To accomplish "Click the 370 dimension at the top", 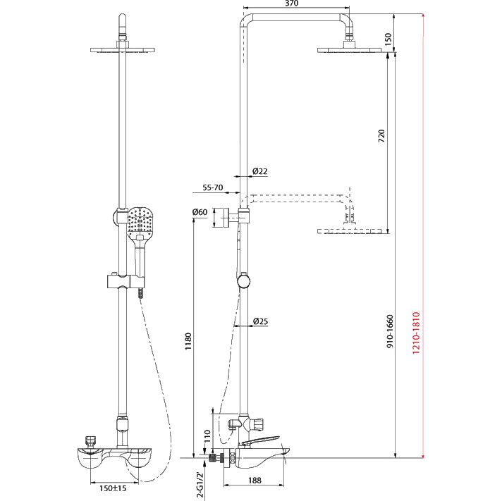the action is coord(291,4).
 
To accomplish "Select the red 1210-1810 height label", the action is coord(416,333).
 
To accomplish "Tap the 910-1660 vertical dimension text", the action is coord(390,331).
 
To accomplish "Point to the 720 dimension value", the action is coord(381,136).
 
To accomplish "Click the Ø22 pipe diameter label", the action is coord(260,171).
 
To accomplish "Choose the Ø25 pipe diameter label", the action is coord(260,321).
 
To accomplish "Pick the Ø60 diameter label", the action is coord(200,212).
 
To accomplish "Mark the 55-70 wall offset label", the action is coord(213,187).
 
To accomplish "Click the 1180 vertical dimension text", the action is coord(188,341).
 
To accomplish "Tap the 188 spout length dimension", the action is coord(255,480).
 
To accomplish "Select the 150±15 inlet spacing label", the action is coord(113,488).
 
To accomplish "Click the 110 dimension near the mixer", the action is coord(207,436).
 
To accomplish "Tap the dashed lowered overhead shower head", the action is coord(350,230).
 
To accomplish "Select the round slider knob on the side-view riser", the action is coord(244,281).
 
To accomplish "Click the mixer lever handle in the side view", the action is coord(260,440).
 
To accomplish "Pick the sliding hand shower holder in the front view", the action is coord(125,281).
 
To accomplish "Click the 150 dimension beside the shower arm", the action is coord(388,39).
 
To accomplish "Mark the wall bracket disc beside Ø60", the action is coord(226,218).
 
